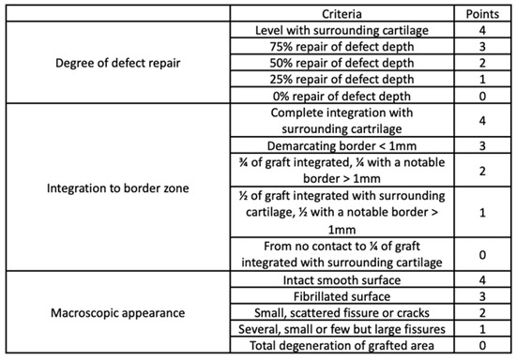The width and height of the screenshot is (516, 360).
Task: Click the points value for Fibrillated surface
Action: [x=479, y=295]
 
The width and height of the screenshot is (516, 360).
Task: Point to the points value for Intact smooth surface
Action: [x=479, y=279]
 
